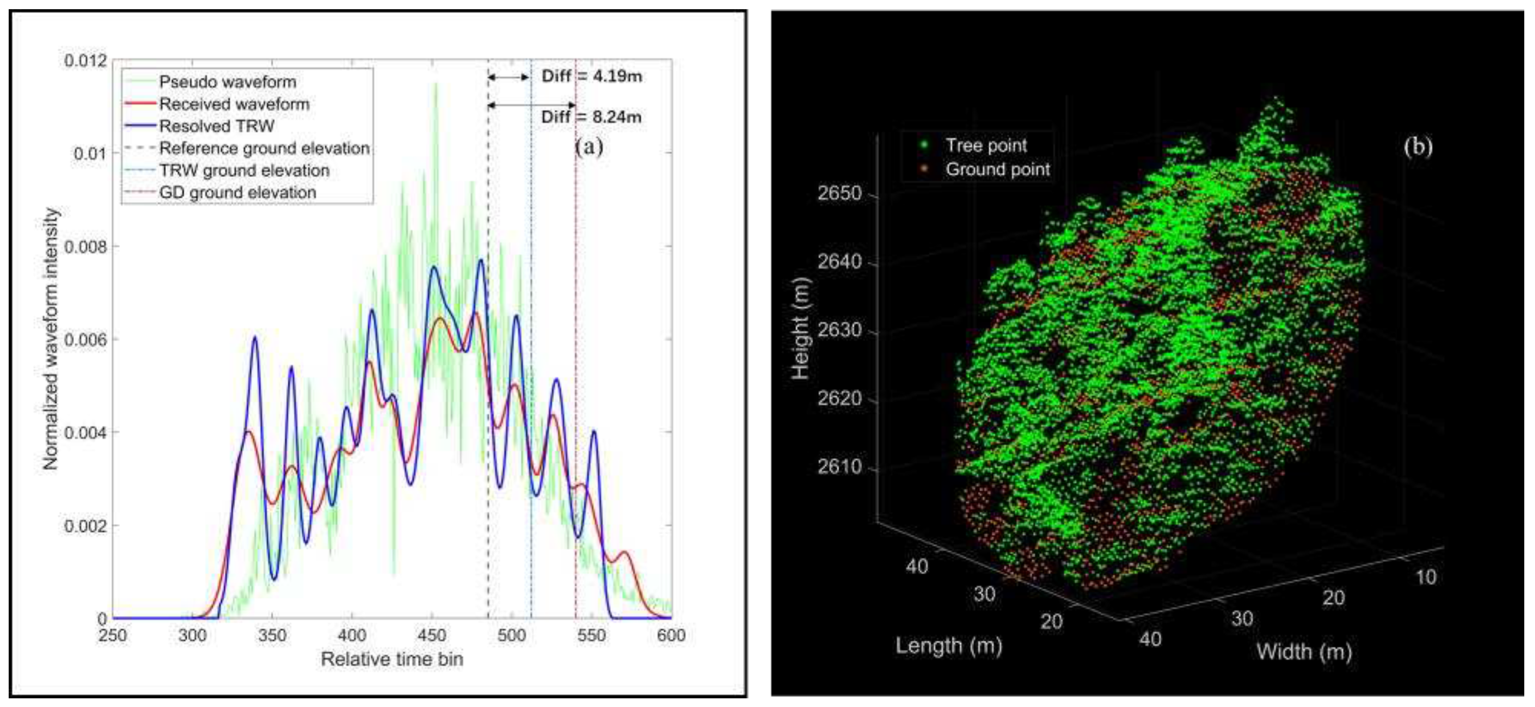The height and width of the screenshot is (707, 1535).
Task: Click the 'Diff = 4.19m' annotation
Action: (591, 76)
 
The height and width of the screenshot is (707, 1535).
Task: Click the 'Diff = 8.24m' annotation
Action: (591, 117)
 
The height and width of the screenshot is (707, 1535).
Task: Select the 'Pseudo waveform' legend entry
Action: (227, 82)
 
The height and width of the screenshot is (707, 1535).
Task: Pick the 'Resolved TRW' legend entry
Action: (216, 126)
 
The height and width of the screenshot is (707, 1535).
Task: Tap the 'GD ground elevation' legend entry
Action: (237, 193)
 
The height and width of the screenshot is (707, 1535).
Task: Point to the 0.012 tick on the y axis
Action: (86, 61)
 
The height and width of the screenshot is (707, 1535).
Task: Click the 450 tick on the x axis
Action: (432, 635)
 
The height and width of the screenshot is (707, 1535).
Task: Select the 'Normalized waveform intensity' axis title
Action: (51, 339)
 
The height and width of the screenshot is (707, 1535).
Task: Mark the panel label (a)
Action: (589, 146)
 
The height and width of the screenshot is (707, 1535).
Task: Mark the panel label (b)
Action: (1418, 146)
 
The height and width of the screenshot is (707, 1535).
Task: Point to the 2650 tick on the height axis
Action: (839, 194)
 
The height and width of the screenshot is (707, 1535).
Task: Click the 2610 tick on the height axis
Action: (839, 467)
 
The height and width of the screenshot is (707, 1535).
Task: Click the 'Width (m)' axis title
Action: (1304, 651)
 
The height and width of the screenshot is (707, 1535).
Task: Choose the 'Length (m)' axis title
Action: (948, 646)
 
